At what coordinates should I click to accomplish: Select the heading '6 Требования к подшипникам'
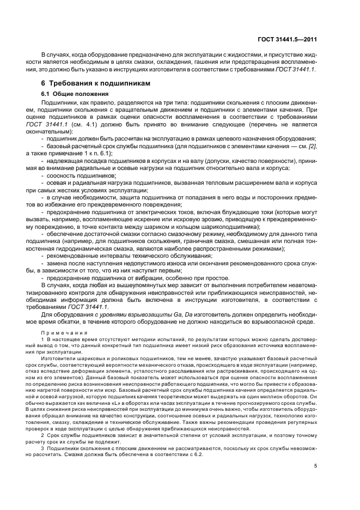(x=99, y=83)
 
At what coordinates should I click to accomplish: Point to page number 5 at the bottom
(x=315, y=466)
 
